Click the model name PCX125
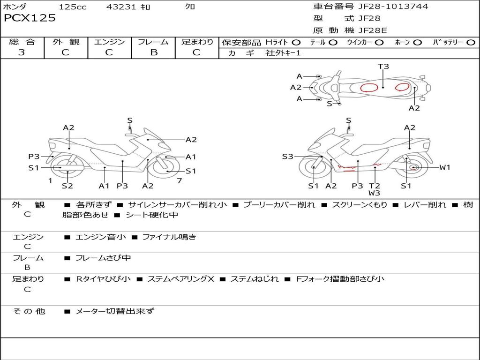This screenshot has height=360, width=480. pos(30,18)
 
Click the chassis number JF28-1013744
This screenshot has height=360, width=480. pos(393,6)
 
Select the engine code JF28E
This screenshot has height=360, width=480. pos(373,30)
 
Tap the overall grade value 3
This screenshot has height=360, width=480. pos(22,52)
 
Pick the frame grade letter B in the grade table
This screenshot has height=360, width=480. pos(154,52)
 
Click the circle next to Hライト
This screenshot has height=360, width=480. pos(296,43)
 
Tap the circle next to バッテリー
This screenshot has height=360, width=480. pos(471,43)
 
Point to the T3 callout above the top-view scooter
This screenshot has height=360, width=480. pos(383,66)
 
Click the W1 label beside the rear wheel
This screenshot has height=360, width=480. pos(445,167)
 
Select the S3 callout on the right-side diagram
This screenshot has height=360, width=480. pos(287,157)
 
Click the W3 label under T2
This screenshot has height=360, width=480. pos(374,193)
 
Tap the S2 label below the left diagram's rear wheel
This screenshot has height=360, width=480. pos(67,186)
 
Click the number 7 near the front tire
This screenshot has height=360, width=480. pos(180,181)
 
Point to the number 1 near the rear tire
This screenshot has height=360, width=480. pos(50,181)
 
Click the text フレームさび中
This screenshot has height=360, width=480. pos(103,258)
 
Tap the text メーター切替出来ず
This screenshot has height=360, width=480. pos(115,311)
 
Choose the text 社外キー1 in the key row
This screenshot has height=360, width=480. pos(283,53)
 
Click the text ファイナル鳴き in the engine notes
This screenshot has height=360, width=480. pos(169,237)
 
